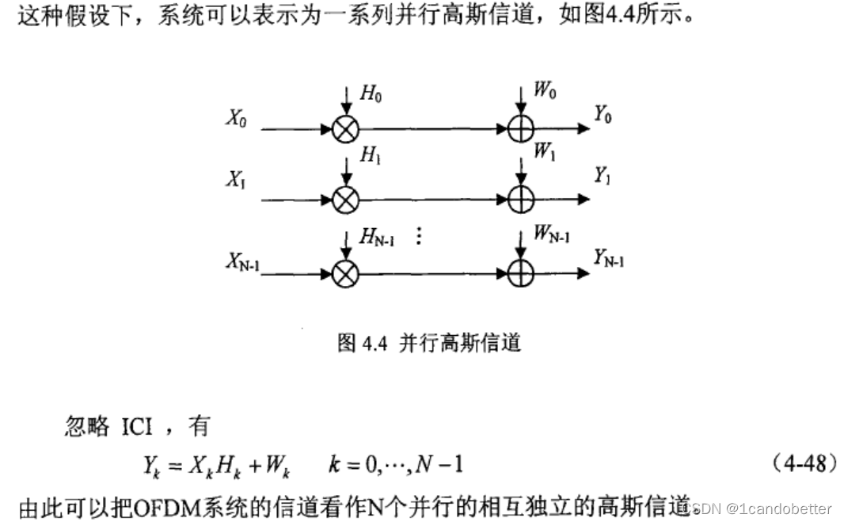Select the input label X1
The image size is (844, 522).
pos(235,181)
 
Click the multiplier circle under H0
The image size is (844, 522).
pos(346,129)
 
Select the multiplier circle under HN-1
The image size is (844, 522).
pos(346,274)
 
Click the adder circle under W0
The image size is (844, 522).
pos(520,129)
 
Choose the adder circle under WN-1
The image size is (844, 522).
pos(520,274)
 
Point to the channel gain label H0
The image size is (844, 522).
pos(371,94)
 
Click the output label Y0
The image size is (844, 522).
pos(603,116)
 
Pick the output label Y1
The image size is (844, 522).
pos(603,176)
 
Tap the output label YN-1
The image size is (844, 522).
pos(609,257)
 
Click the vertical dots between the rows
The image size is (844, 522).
pos(419,236)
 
